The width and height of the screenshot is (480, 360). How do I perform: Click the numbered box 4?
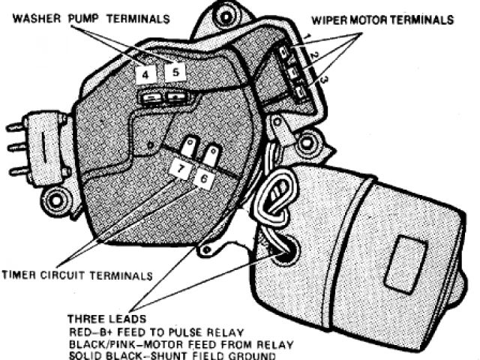pos(147,73)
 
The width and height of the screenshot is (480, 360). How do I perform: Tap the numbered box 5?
pos(175,72)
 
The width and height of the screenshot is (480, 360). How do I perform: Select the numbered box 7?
pos(179,168)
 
